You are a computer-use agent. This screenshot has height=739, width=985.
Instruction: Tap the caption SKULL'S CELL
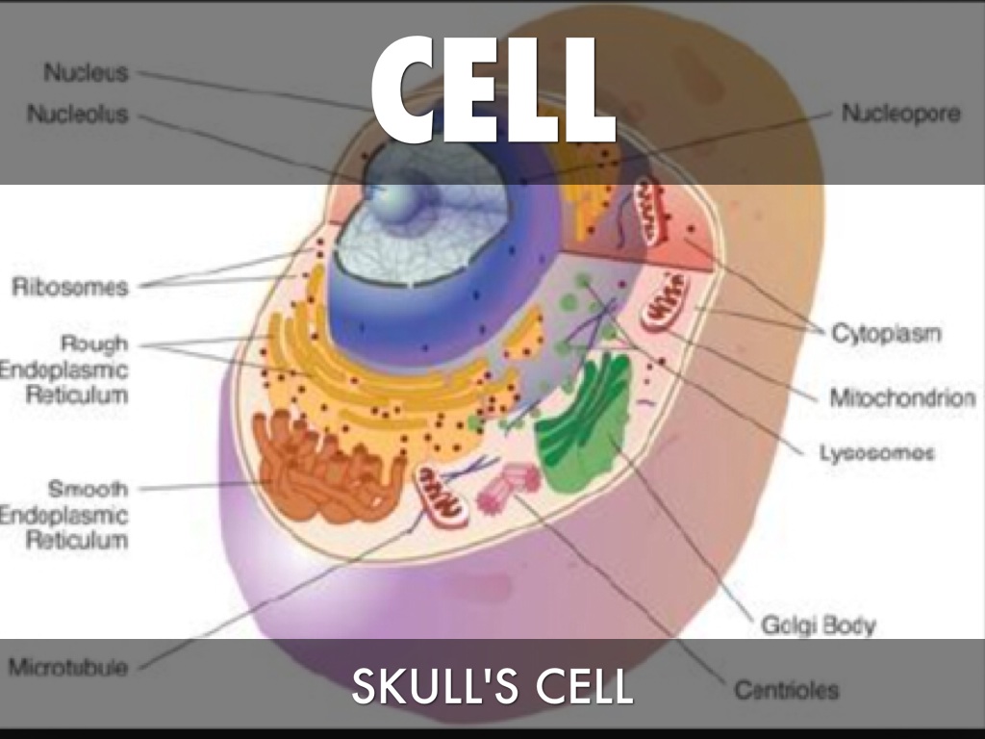(x=492, y=687)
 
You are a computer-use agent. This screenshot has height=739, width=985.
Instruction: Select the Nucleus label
(x=86, y=72)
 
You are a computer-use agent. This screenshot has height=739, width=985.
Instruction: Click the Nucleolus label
(x=78, y=115)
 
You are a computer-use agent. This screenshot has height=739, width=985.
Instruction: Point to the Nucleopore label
(x=900, y=114)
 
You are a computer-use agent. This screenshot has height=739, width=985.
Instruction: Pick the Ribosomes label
(x=70, y=286)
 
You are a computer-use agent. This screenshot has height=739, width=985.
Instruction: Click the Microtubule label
(x=68, y=667)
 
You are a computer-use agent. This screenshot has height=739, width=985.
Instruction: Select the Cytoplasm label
(x=886, y=334)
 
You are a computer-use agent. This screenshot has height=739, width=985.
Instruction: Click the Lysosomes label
(x=876, y=452)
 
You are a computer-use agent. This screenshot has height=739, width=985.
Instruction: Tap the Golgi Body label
(x=818, y=625)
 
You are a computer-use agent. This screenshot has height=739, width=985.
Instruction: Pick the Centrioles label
(x=786, y=690)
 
